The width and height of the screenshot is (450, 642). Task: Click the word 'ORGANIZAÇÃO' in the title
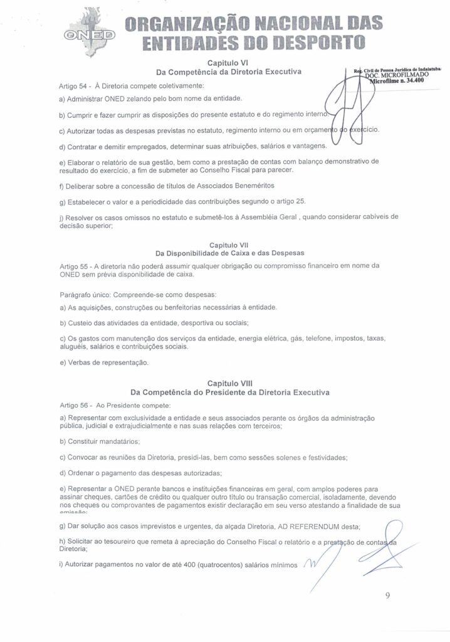pyautogui.click(x=181, y=23)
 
